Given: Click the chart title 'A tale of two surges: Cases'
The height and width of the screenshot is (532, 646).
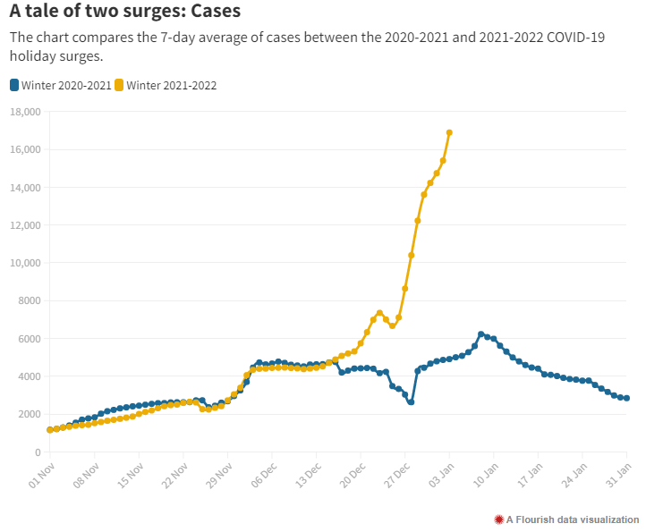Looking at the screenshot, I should (x=125, y=12).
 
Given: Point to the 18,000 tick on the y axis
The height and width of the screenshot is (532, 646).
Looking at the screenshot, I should (x=25, y=112).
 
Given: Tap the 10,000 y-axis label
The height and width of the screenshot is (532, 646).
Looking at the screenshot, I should (x=25, y=263).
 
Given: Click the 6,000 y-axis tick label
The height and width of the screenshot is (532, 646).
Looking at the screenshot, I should (x=28, y=339).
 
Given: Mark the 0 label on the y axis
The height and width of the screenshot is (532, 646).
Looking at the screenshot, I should (x=37, y=452).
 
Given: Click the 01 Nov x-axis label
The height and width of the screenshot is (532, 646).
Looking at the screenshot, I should (x=41, y=474).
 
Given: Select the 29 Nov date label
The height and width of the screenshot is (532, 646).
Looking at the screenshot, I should (x=218, y=474).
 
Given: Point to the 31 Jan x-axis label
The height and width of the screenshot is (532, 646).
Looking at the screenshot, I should (x=617, y=474).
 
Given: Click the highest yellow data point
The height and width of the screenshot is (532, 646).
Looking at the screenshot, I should (x=449, y=132).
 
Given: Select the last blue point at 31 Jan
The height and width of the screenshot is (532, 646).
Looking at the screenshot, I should (x=626, y=398).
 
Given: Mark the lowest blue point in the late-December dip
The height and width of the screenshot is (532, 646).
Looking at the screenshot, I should (x=411, y=402).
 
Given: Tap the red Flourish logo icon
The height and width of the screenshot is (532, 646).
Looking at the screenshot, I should (x=498, y=519).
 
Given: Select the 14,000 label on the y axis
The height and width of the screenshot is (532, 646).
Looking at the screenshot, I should (x=25, y=188).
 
